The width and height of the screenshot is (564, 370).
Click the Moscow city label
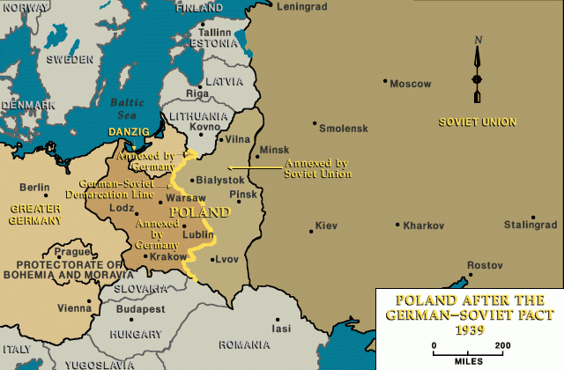click(x=412, y=85)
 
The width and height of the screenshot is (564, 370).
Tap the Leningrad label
click(x=301, y=7)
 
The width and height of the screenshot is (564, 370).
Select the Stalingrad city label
click(x=531, y=226)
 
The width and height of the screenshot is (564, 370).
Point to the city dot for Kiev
click(x=310, y=232)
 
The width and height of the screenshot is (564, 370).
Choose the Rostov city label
click(x=485, y=265)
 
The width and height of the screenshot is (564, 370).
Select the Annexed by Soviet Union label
click(x=317, y=168)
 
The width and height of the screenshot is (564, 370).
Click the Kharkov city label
click(x=424, y=226)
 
